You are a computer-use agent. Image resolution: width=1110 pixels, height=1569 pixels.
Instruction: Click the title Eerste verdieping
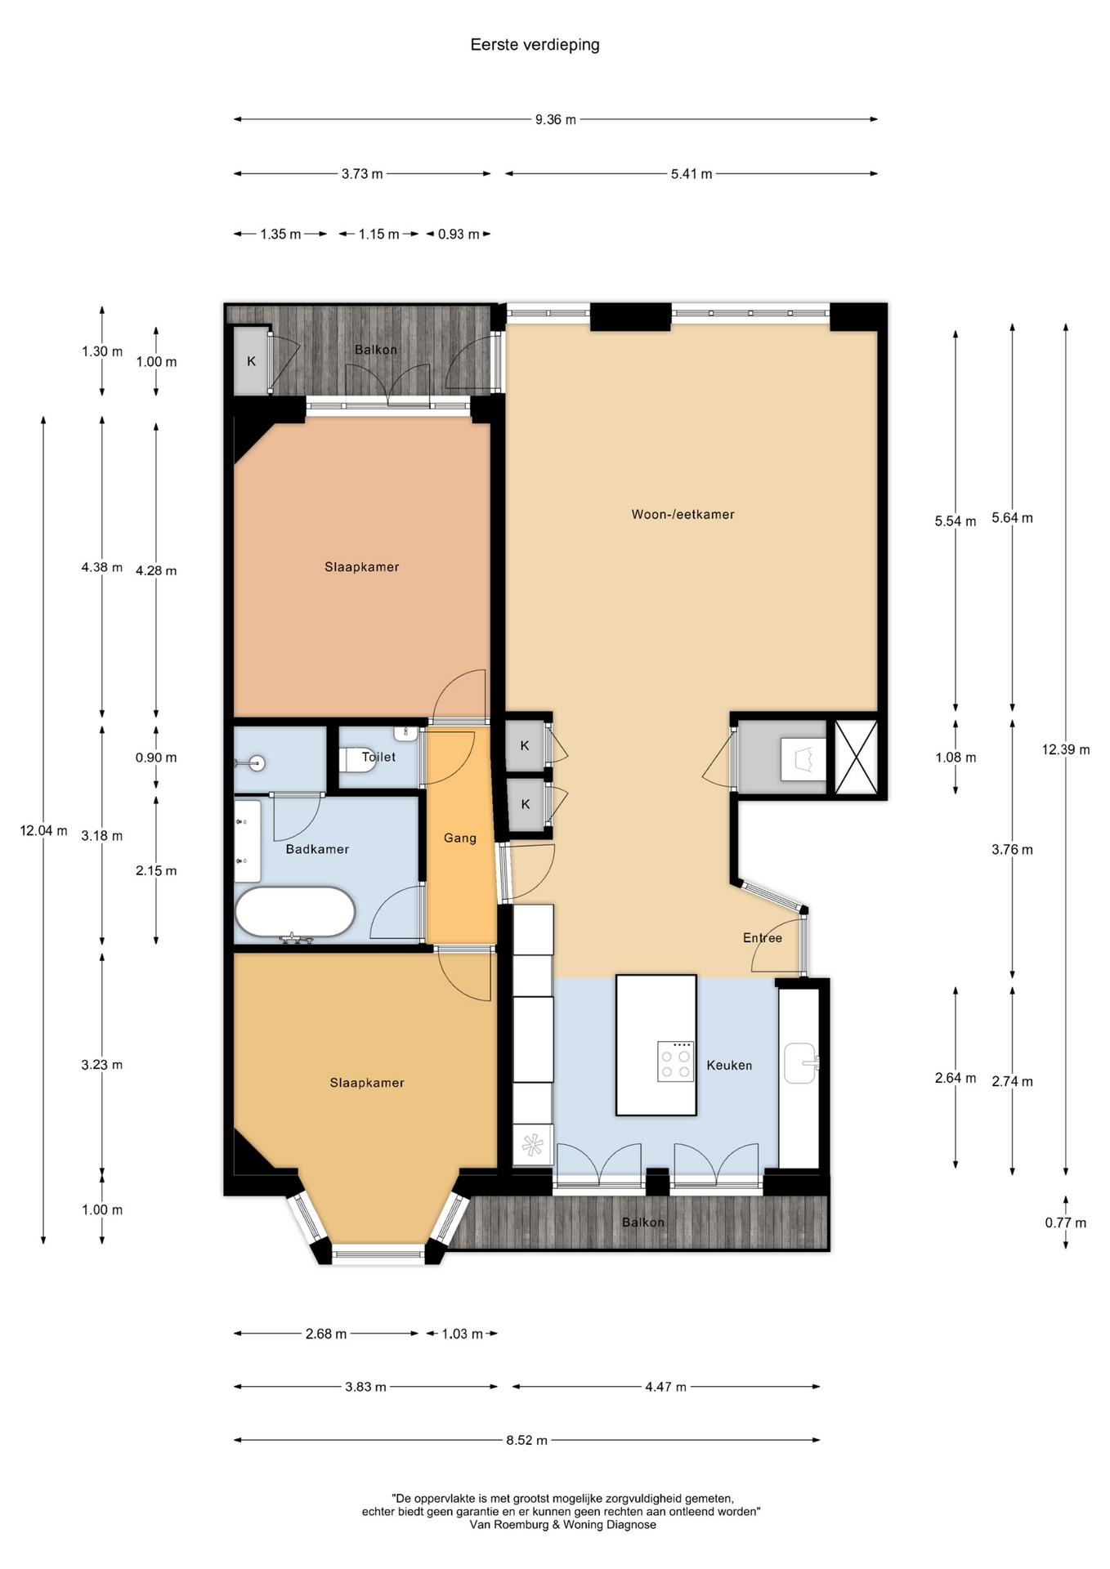point(535,45)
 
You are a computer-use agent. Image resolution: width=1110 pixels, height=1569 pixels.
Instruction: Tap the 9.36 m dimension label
point(556,120)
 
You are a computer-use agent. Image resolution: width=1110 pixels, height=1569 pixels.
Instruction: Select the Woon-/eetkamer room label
point(683,514)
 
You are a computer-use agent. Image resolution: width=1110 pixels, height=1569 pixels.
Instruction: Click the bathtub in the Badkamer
point(295,912)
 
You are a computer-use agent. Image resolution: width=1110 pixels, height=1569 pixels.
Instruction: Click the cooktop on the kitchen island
point(676,1062)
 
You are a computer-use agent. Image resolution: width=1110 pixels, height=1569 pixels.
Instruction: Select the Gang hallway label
point(460,838)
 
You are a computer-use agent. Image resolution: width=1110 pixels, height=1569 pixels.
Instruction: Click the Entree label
point(763,937)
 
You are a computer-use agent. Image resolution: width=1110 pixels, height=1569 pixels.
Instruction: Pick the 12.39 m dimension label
point(1066,749)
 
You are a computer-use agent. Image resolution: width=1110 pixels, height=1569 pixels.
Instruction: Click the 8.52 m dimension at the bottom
point(526,1440)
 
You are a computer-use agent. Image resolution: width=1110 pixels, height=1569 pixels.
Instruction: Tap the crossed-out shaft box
point(856,757)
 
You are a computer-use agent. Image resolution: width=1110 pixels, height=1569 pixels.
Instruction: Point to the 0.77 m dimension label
point(1066,1223)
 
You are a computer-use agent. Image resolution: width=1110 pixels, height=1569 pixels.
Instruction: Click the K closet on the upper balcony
point(252,361)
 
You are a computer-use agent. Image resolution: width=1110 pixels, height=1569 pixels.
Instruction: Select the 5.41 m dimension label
point(692,174)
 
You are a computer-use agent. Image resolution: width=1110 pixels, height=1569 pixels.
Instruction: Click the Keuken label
point(729,1065)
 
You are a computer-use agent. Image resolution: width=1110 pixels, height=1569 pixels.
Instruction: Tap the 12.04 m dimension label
point(43,830)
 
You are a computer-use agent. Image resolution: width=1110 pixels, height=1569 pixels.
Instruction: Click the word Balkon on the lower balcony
point(643,1222)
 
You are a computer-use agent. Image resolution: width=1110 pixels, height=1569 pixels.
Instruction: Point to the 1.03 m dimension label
point(462,1334)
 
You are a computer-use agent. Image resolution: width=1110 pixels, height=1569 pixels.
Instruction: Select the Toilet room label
point(378,757)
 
